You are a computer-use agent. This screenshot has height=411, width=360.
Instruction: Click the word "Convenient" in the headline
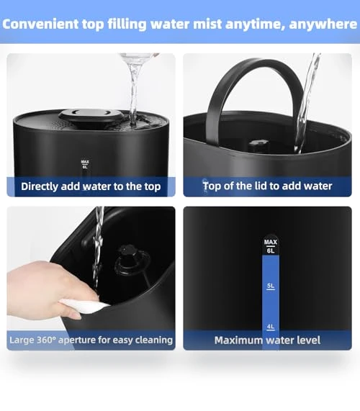click(x=40, y=24)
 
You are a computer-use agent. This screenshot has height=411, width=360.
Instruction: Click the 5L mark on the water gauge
click(x=271, y=286)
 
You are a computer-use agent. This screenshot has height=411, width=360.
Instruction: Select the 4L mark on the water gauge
click(x=271, y=327)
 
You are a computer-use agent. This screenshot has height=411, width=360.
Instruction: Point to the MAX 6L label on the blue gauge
click(x=271, y=246)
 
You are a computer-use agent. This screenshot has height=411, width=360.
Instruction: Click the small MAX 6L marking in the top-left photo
click(x=85, y=164)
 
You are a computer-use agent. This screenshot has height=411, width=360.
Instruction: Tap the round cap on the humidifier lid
click(x=91, y=116)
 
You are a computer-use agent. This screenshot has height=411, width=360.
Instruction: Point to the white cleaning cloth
click(x=84, y=306)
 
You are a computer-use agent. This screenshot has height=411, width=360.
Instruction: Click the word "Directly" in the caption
click(x=40, y=186)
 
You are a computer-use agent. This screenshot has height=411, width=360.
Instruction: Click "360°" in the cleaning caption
click(x=46, y=340)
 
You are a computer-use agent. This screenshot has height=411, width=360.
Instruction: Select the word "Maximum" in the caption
click(x=238, y=340)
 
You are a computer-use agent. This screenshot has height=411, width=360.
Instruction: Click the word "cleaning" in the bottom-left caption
click(x=153, y=340)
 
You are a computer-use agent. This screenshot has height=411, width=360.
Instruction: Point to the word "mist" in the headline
click(x=207, y=24)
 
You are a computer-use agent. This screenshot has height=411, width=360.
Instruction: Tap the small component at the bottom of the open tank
click(x=258, y=144)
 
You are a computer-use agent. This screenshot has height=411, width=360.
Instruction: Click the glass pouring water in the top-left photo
click(x=138, y=58)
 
